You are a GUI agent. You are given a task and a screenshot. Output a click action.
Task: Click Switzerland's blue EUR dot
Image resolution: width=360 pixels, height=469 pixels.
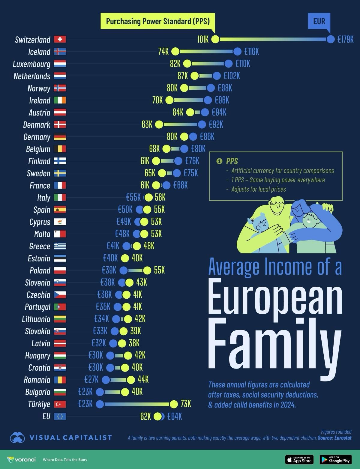coord(330,39)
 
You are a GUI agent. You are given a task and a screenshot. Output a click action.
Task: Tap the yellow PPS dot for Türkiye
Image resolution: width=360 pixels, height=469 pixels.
coord(174,404)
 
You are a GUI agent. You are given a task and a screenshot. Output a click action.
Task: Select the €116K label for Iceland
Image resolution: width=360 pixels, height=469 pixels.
coord(251,52)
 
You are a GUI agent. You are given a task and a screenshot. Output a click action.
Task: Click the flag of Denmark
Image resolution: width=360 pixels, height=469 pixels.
coord(60,124)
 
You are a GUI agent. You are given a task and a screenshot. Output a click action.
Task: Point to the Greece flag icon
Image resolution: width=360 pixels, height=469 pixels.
coord(60,246)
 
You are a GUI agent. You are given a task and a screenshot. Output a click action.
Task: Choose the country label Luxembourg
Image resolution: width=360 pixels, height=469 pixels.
coord(31,64)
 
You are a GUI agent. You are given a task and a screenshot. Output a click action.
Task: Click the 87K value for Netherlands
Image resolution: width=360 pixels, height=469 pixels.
coord(183,76)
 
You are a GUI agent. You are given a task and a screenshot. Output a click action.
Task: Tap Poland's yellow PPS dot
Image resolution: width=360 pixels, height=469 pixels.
coord(147,270)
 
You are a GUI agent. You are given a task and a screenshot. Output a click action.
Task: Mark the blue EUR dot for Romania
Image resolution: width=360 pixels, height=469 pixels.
coord(106,380)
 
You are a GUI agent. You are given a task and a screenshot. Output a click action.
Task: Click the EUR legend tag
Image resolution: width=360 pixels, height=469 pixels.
coord(319,21)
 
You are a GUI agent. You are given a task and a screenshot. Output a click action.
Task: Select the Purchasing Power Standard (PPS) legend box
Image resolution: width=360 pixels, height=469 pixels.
coord(158,21)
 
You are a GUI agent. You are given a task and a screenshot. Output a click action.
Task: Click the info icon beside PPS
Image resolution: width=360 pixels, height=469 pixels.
coord(219,161)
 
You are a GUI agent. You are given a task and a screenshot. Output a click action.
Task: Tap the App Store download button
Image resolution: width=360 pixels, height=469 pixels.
coord(299,460)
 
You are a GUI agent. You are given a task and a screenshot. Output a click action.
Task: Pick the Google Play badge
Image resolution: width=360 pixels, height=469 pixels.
coord(336,460)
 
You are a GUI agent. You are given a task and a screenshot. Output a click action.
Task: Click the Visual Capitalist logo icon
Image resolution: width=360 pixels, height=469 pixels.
coord(17,438)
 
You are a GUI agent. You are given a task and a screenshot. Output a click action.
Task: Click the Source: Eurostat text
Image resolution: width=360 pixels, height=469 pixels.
coord(334,438)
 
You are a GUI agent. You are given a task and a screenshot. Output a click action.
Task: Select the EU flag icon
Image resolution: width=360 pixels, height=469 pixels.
coord(60,416)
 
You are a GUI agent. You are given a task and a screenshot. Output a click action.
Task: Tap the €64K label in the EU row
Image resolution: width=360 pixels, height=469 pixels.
coord(175,417)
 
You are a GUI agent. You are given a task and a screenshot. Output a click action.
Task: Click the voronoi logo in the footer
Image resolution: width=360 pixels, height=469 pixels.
coord(21,460)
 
